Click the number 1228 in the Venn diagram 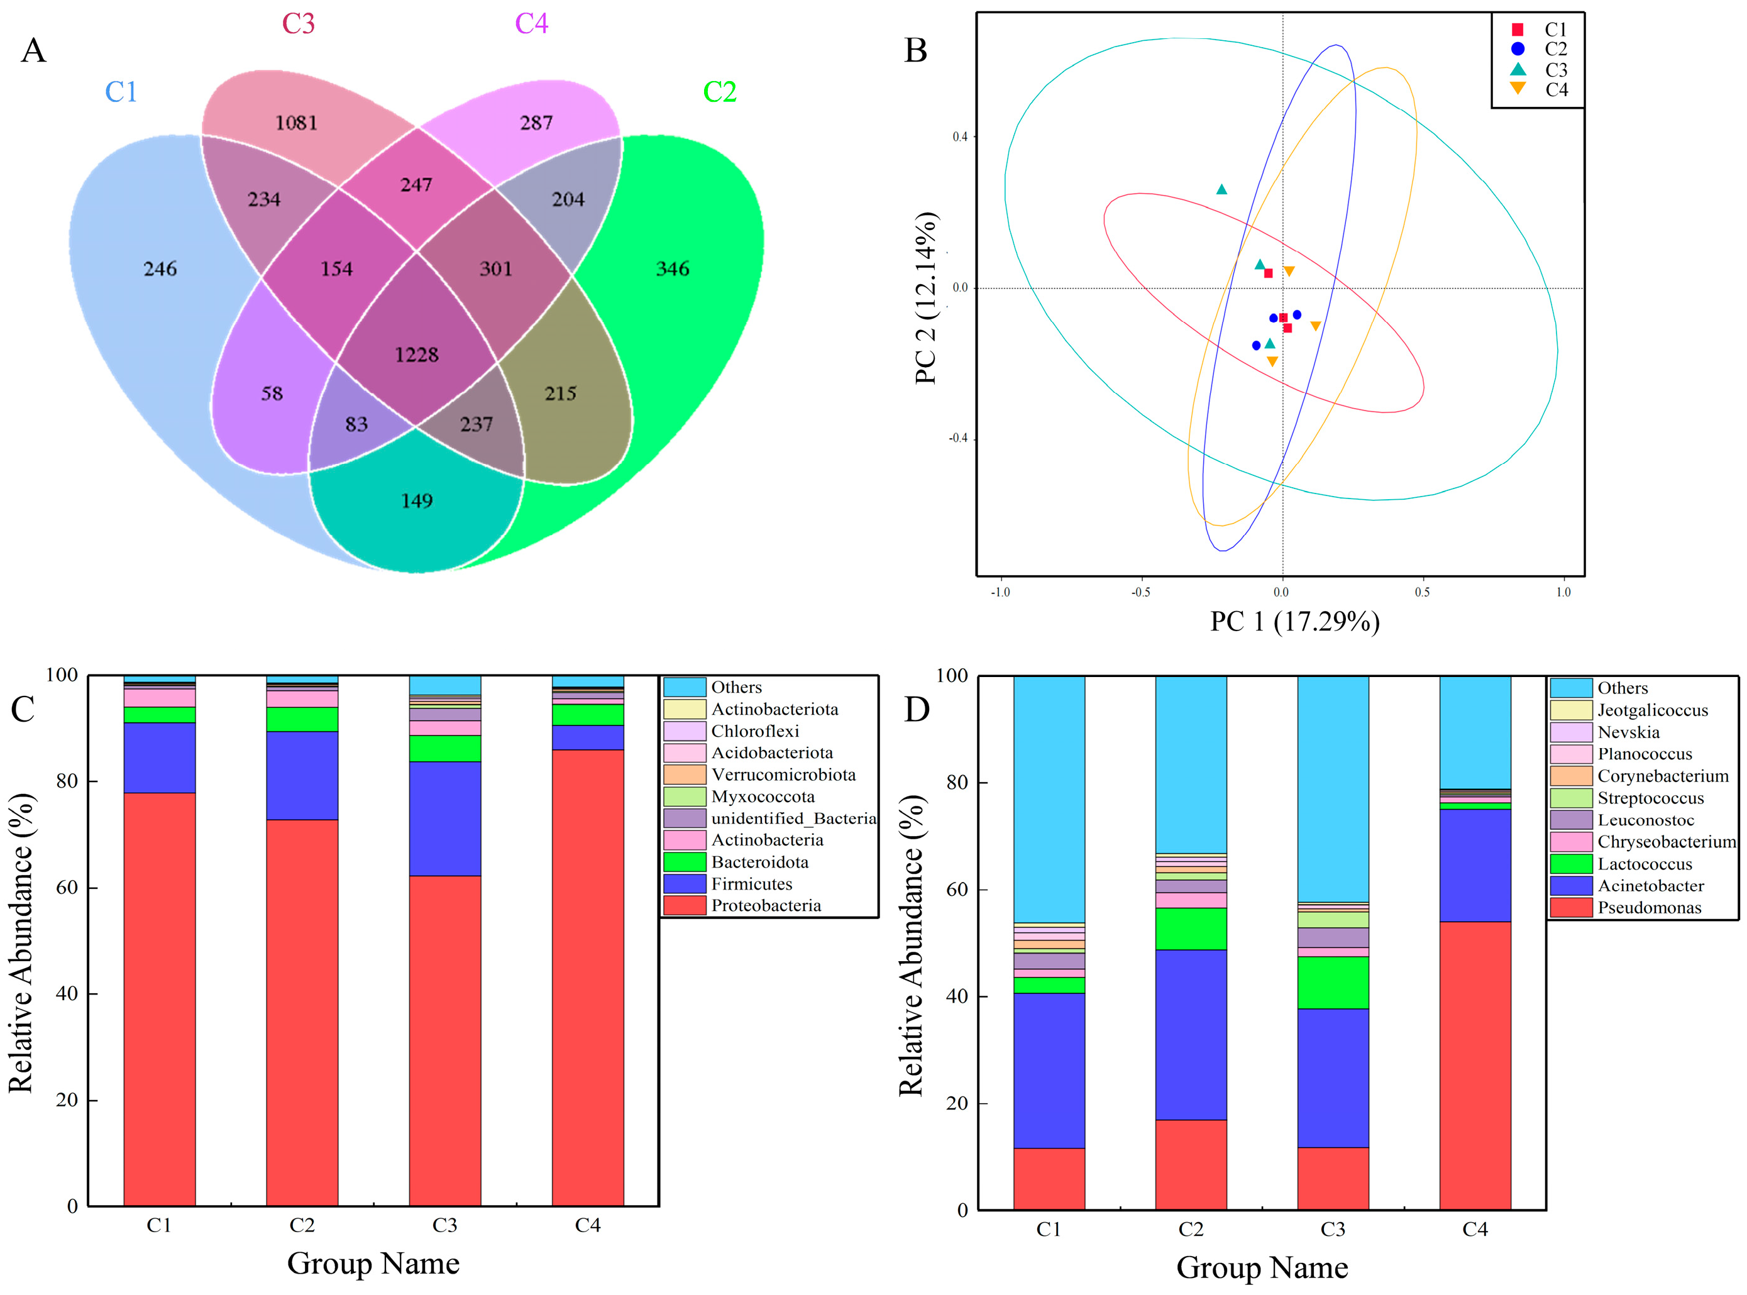coord(416,355)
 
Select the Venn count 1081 coord(296,123)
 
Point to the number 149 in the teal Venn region coord(416,501)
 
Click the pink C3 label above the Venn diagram coord(299,23)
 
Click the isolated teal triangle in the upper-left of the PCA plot coord(1221,190)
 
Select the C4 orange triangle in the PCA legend coord(1518,89)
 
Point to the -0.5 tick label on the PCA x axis coord(1140,593)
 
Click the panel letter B coord(915,50)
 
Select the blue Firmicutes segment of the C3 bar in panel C coord(444,818)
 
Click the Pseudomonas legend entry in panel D coord(1648,908)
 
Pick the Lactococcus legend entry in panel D coord(1645,864)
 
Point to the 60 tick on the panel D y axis coord(956,890)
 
